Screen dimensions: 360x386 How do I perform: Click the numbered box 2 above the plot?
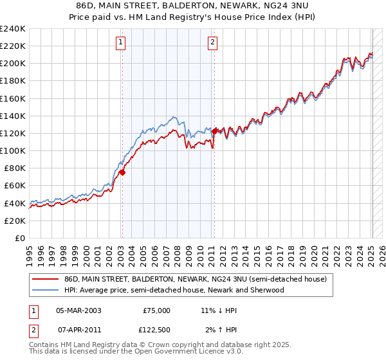[212, 43]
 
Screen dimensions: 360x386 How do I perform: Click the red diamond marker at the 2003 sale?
[122, 172]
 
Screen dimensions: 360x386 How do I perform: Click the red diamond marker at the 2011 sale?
[215, 130]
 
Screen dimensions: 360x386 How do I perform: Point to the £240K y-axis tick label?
[13, 29]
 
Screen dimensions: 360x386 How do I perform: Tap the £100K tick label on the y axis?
[13, 150]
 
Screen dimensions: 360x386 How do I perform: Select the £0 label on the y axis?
[20, 238]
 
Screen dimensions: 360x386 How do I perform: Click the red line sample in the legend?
[45, 279]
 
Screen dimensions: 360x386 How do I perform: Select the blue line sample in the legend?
[45, 290]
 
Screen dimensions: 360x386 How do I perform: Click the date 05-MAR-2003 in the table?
[78, 310]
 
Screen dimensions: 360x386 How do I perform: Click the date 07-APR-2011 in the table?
[78, 329]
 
